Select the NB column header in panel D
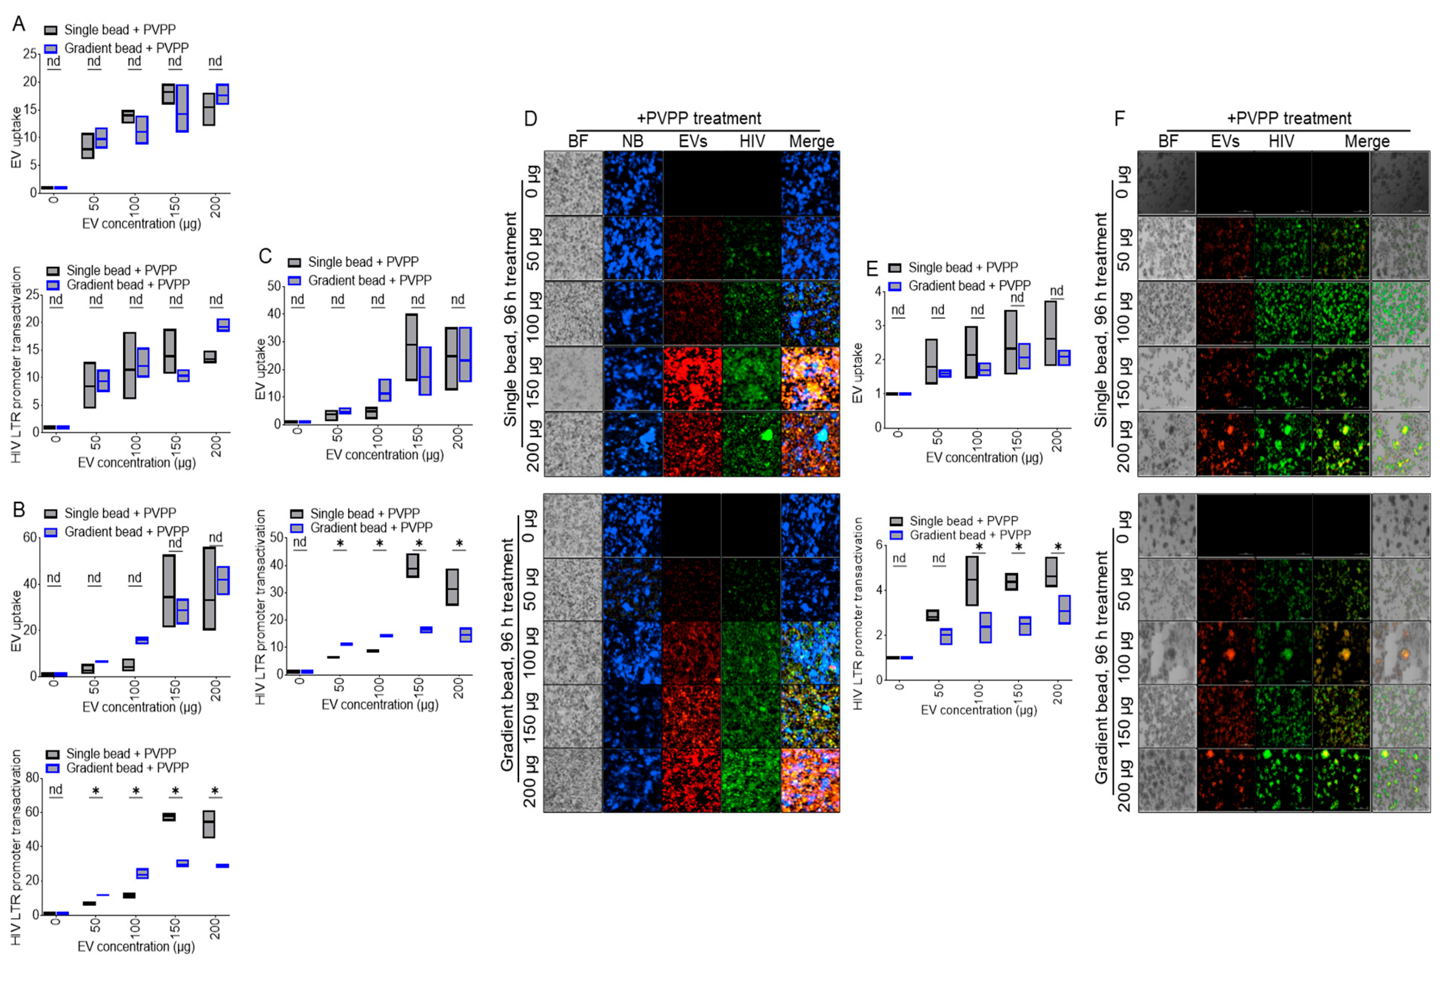pos(633,142)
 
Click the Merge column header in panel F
pos(1367,142)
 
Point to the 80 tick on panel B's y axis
pos(32,778)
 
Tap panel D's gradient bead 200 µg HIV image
pos(751,780)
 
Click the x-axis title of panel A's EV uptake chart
pos(142,224)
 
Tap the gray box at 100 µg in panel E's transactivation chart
pos(972,581)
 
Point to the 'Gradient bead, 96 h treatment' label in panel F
pos(1101,667)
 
